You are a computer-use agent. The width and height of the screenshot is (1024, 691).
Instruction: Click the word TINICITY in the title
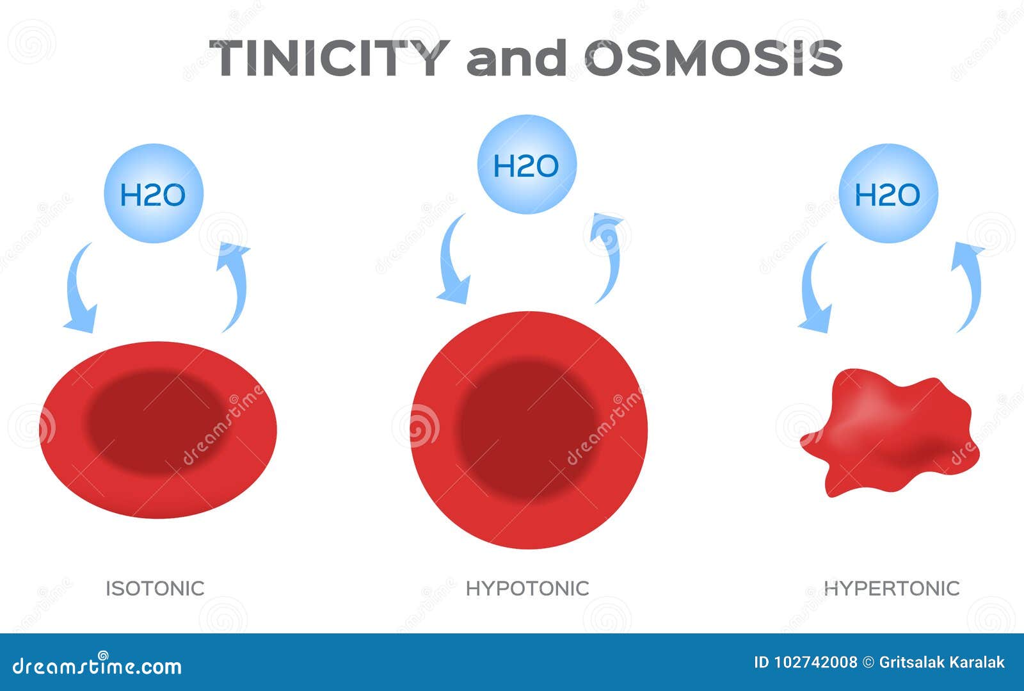(x=329, y=58)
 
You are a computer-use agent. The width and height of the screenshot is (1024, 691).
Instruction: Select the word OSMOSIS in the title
(x=713, y=58)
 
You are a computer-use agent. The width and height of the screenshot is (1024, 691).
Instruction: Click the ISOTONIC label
(x=155, y=588)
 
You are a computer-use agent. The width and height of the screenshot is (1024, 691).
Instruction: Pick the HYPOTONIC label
(x=527, y=588)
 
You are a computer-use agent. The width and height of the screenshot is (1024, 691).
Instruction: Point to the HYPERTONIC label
(x=892, y=588)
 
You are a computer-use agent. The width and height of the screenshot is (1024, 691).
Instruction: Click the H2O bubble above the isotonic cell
(x=154, y=193)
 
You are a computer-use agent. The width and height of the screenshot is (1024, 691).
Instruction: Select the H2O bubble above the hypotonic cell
(x=527, y=165)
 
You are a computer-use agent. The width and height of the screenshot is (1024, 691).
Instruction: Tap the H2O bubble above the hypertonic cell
(x=888, y=193)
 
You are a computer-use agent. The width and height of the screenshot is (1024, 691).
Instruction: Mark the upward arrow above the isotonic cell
(x=234, y=285)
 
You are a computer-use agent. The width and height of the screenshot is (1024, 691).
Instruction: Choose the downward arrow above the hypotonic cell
(x=452, y=263)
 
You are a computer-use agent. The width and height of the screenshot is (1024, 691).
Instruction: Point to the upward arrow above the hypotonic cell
(x=609, y=256)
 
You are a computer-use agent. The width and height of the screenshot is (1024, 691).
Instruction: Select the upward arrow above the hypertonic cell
(x=968, y=285)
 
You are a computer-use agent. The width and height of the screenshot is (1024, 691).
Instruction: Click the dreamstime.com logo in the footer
(x=97, y=666)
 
